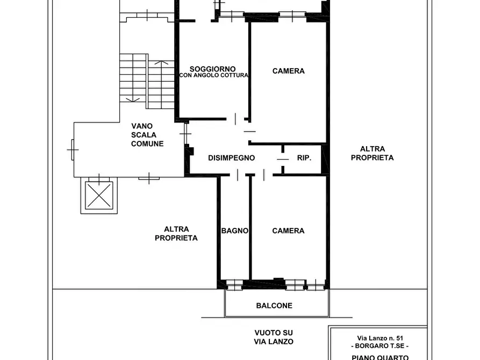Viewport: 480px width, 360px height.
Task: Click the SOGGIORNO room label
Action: (x=212, y=69)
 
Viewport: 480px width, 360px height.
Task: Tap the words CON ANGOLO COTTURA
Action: (x=214, y=75)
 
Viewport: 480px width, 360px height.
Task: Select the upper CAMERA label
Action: (x=288, y=71)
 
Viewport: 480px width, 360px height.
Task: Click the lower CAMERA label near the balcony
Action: (x=288, y=231)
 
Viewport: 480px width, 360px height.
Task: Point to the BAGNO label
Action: (x=235, y=231)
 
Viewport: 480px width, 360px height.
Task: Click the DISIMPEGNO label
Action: (x=232, y=158)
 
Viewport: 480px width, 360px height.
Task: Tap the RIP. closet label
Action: (x=304, y=158)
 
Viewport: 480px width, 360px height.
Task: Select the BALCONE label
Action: (x=274, y=306)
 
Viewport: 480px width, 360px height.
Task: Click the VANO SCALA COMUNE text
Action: (x=147, y=135)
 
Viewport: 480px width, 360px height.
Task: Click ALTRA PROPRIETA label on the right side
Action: (x=372, y=153)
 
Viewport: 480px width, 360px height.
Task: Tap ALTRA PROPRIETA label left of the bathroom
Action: (x=176, y=234)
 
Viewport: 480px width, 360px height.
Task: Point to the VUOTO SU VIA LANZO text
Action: (x=274, y=337)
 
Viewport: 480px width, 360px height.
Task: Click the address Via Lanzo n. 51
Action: (x=380, y=339)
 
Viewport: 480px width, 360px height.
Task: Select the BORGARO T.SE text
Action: (x=380, y=346)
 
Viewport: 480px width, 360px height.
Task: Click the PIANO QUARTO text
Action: (x=380, y=357)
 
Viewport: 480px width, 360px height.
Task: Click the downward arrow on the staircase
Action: (x=133, y=99)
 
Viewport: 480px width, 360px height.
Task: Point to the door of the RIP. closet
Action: (x=283, y=159)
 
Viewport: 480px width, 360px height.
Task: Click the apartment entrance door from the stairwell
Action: (x=185, y=133)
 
